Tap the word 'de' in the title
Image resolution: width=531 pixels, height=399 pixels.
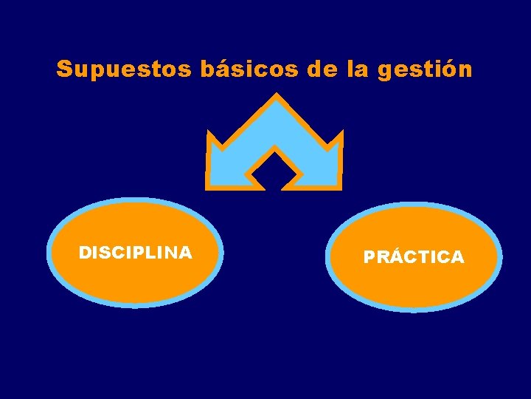tap(320, 69)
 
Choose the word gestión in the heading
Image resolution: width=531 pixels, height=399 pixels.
tap(425, 70)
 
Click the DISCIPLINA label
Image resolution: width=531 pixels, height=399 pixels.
tap(136, 253)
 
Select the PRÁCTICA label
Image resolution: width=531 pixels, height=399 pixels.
tap(414, 257)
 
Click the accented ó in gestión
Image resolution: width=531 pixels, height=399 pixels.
tap(448, 69)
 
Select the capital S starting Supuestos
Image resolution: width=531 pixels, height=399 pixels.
tap(64, 69)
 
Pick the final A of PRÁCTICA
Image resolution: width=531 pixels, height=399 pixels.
tap(457, 257)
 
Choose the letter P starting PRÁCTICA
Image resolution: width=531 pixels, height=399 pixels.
tap(369, 257)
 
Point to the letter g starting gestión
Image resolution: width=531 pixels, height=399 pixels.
tap(384, 71)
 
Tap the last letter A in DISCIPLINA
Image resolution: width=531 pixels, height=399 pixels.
tap(186, 253)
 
